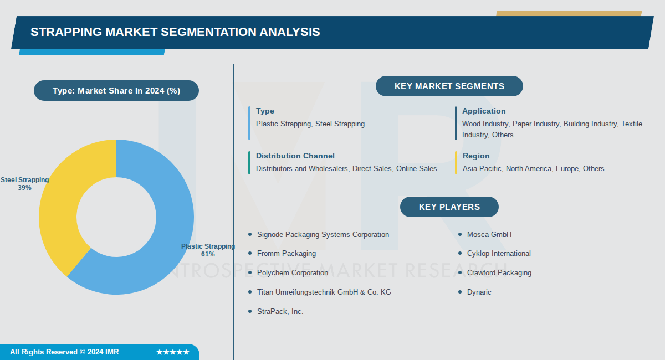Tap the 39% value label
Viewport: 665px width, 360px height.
24,188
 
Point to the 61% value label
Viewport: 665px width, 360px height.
208,254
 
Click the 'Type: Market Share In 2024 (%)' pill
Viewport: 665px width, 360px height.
116,90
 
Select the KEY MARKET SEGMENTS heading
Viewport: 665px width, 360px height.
449,86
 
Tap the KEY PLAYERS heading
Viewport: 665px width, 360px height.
449,207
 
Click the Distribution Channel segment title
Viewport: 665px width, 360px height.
295,156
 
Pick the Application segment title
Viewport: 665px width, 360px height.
484,111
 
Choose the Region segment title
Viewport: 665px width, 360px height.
476,156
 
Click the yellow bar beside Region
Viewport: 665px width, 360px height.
456,163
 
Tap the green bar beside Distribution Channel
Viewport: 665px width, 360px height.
249,163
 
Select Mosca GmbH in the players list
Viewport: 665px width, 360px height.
489,234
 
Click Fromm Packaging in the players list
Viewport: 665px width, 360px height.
287,254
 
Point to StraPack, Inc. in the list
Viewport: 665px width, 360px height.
280,311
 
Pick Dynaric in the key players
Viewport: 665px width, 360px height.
479,292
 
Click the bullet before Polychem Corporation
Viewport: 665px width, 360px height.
250,272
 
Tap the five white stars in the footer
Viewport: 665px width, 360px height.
173,352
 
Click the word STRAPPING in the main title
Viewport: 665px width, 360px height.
66,32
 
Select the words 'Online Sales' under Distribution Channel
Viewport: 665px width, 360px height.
417,168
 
